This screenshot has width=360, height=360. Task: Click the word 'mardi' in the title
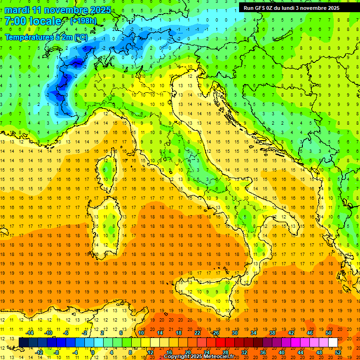click(x=17, y=10)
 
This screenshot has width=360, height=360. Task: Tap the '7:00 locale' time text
click(x=33, y=21)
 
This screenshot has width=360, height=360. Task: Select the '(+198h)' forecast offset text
click(x=83, y=21)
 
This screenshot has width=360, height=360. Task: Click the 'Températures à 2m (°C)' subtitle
click(x=46, y=37)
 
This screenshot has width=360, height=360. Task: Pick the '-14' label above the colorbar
click(x=30, y=333)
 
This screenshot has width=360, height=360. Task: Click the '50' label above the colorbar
click(x=329, y=333)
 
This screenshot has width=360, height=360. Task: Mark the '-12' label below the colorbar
click(x=39, y=352)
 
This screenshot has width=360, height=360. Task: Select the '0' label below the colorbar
click(x=93, y=352)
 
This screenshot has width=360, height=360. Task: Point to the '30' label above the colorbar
click(x=235, y=333)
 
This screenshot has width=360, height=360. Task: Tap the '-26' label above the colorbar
click(x=216, y=333)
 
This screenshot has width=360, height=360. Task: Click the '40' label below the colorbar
click(x=282, y=352)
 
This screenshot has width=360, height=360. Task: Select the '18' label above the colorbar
click(x=179, y=333)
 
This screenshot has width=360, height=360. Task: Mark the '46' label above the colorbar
click(x=310, y=333)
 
